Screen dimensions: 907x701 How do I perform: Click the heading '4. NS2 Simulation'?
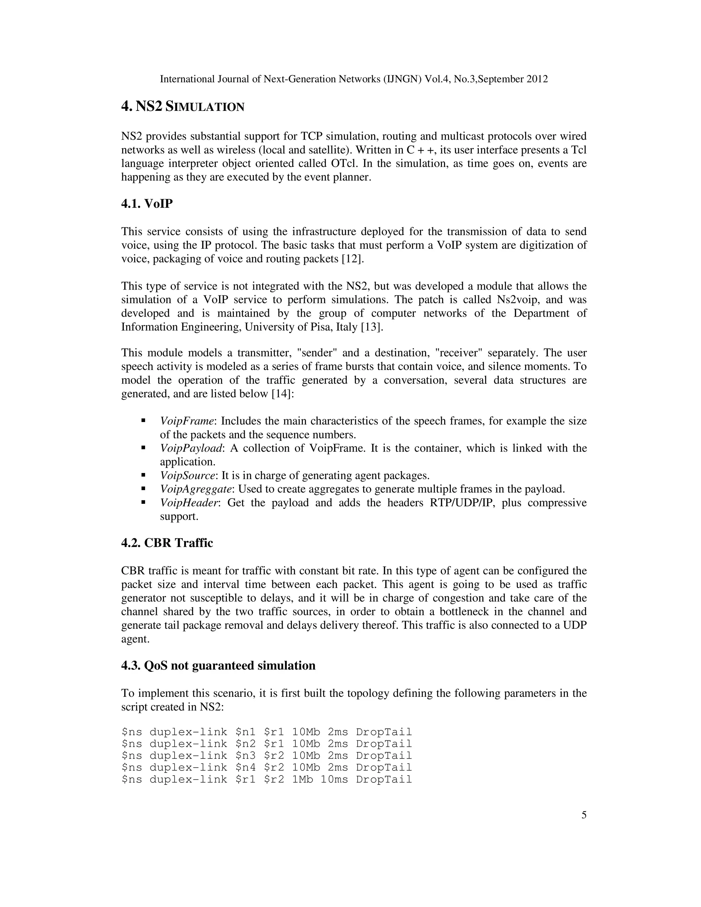[x=183, y=107]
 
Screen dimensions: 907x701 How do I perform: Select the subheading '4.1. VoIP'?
[x=146, y=204]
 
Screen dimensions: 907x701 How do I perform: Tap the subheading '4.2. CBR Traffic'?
[x=167, y=543]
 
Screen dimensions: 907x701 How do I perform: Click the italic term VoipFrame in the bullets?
[x=187, y=421]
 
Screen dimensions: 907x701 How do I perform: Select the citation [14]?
[x=282, y=394]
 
